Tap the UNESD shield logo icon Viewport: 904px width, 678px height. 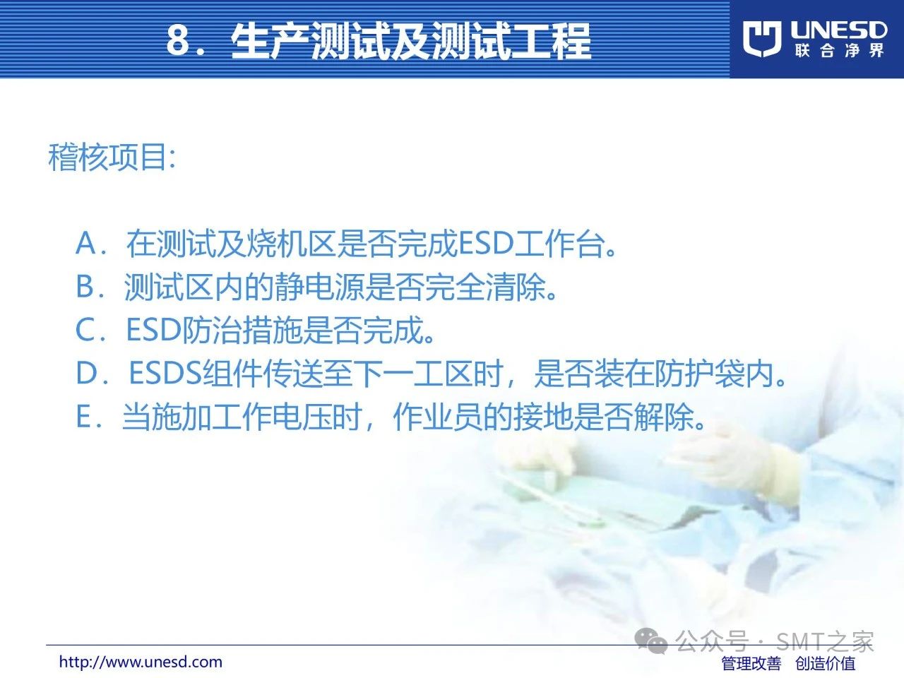pyautogui.click(x=762, y=39)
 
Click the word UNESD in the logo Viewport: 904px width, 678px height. pyautogui.click(x=839, y=30)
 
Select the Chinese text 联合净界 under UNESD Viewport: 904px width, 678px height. pyautogui.click(x=839, y=51)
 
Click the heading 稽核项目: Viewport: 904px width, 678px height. pyautogui.click(x=112, y=157)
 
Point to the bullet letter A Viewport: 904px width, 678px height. pyautogui.click(x=86, y=243)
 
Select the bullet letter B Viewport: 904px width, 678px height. pyautogui.click(x=85, y=286)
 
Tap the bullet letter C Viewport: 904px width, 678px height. pyautogui.click(x=85, y=329)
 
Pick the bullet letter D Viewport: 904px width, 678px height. pyautogui.click(x=87, y=373)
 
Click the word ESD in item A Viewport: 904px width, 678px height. pyautogui.click(x=486, y=244)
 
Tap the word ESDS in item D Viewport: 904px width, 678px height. pyautogui.click(x=165, y=373)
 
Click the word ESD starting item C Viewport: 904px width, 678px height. pyautogui.click(x=154, y=329)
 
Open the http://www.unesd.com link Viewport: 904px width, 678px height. pyautogui.click(x=141, y=662)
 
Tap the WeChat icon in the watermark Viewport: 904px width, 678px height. pyautogui.click(x=651, y=641)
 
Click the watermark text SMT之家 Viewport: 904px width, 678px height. pyautogui.click(x=825, y=641)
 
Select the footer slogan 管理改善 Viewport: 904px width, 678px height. pyautogui.click(x=751, y=663)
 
